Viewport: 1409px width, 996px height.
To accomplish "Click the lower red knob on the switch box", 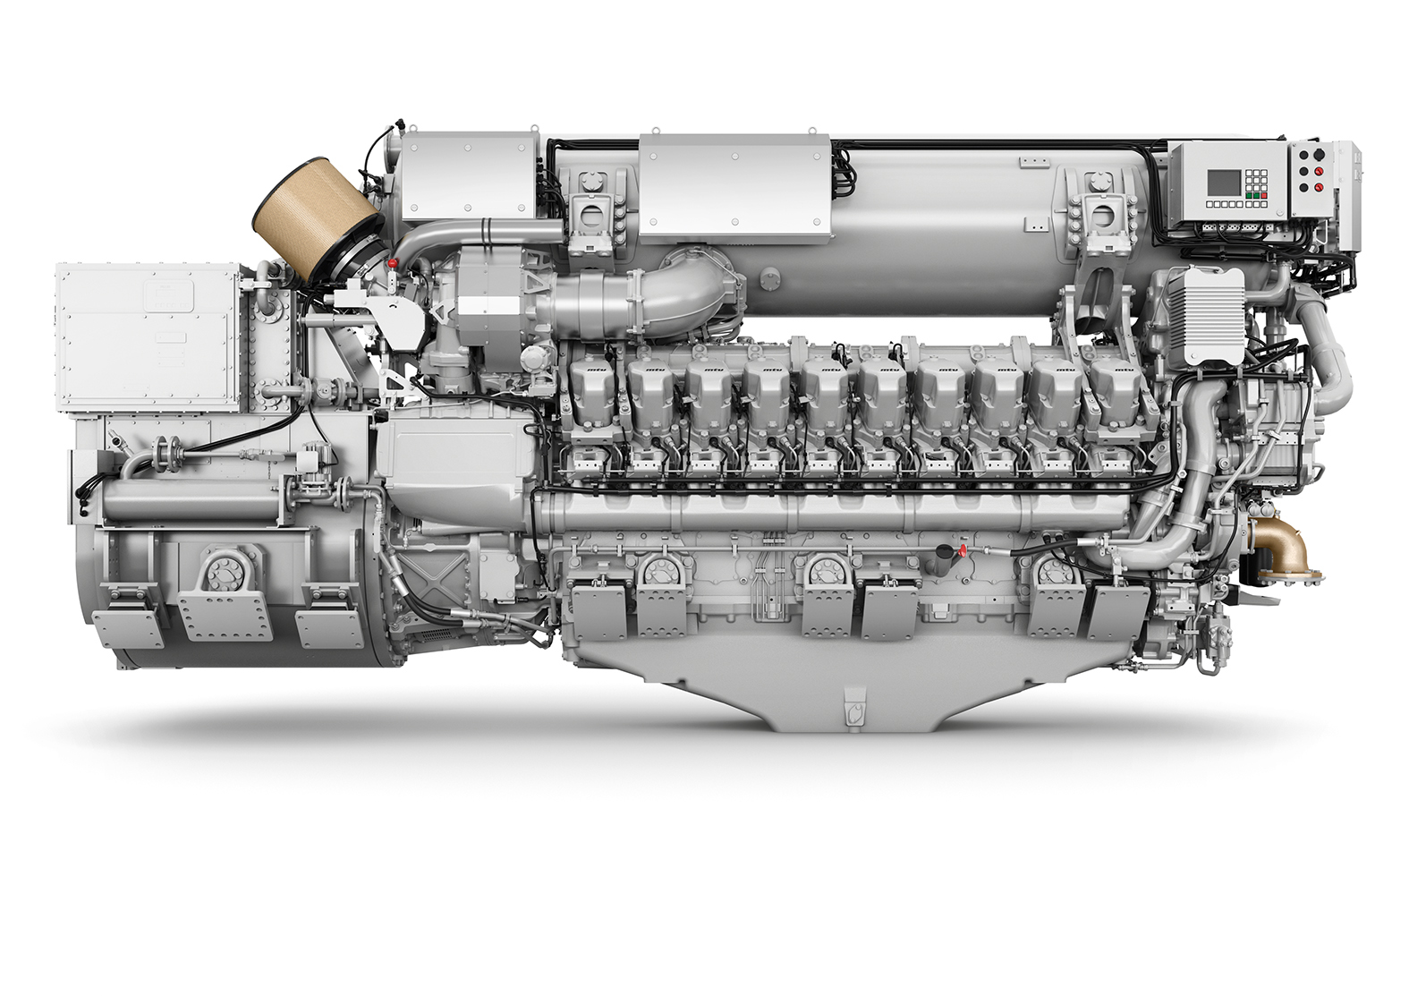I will (1317, 188).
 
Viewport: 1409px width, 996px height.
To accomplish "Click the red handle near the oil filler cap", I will (963, 549).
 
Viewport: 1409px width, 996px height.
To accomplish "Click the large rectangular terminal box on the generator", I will (148, 336).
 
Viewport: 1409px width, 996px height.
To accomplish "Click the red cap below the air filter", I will (392, 264).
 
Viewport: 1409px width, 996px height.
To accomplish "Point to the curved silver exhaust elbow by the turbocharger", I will (689, 286).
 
